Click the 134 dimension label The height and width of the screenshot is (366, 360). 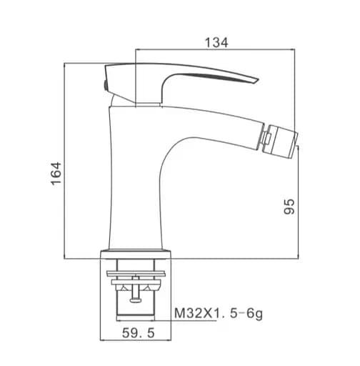pyautogui.click(x=216, y=43)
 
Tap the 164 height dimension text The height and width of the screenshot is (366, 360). pyautogui.click(x=56, y=174)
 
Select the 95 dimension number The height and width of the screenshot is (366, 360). pyautogui.click(x=289, y=207)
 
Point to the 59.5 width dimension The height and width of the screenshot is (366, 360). pyautogui.click(x=139, y=333)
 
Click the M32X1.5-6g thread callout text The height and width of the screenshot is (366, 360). pyautogui.click(x=219, y=314)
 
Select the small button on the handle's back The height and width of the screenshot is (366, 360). pyautogui.click(x=105, y=85)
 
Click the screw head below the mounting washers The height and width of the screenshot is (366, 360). pyautogui.click(x=135, y=300)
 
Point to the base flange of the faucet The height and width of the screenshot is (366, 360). pyautogui.click(x=136, y=254)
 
